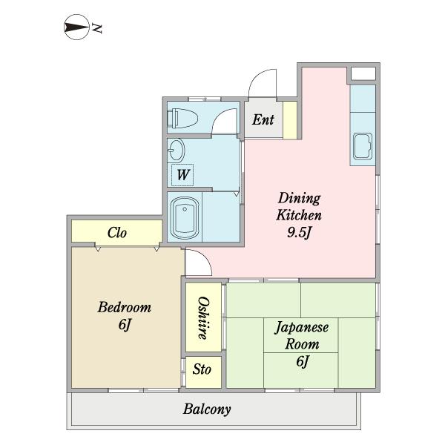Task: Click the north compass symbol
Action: [x=76, y=27]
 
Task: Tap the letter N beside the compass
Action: [x=96, y=29]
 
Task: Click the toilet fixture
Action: [x=182, y=118]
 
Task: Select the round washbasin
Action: [x=176, y=151]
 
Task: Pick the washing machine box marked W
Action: [x=182, y=175]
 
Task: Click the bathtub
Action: [x=185, y=217]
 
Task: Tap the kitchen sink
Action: [x=363, y=146]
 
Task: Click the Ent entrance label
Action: [x=263, y=119]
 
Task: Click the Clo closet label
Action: [x=117, y=233]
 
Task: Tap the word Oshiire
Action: [x=203, y=318]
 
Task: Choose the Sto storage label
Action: [x=202, y=369]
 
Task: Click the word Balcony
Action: [x=207, y=409]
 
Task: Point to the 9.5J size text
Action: [x=300, y=232]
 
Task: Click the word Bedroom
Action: [x=125, y=307]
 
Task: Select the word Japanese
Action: [x=301, y=328]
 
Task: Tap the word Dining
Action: [x=299, y=198]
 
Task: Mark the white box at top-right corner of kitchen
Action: [x=363, y=73]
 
